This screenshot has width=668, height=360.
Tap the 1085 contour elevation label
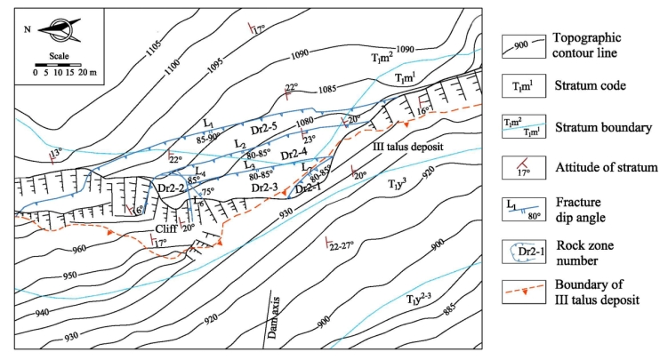pyautogui.click(x=325, y=89)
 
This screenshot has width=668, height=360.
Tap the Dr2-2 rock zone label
pyautogui.click(x=170, y=188)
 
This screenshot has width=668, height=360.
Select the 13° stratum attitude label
pyautogui.click(x=56, y=153)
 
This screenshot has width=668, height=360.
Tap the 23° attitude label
pyautogui.click(x=310, y=140)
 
